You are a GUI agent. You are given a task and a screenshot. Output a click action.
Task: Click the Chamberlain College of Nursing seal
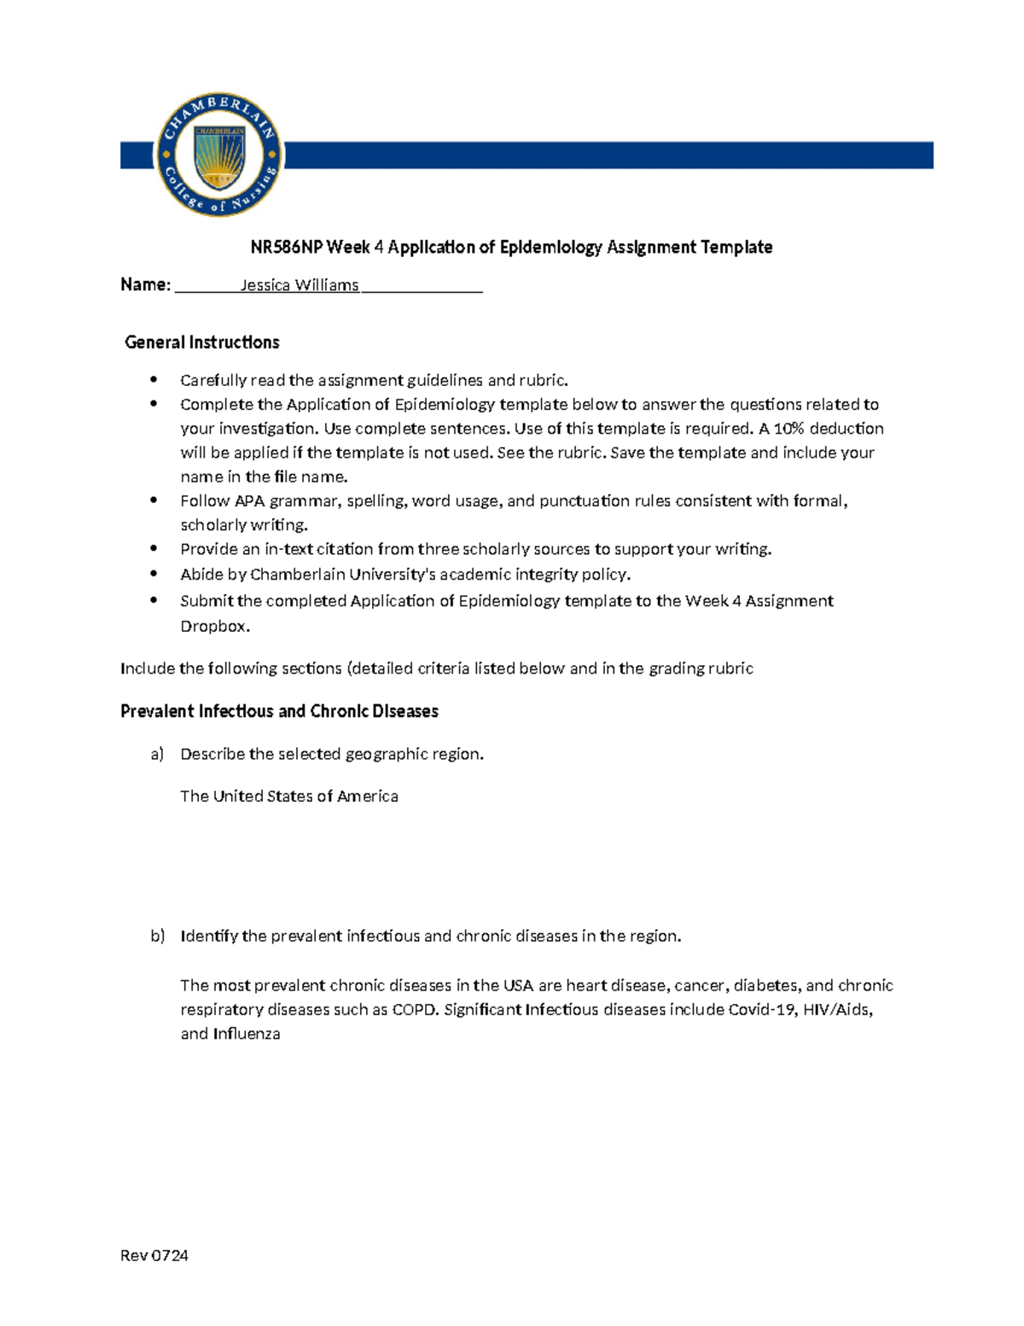pos(219,155)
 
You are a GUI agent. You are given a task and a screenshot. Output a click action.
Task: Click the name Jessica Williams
pos(299,285)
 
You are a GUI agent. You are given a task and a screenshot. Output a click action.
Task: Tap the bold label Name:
pos(145,285)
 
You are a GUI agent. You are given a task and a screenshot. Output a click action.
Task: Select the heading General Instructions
pos(202,342)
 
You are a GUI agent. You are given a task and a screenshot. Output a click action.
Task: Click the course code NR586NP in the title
pos(286,248)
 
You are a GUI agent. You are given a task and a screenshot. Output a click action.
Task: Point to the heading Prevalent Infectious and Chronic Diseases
pos(279,711)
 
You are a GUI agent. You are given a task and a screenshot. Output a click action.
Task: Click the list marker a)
pos(157,754)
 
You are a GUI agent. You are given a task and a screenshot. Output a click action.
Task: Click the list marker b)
pos(157,936)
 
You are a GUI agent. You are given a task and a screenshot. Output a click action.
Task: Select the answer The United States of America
pos(289,796)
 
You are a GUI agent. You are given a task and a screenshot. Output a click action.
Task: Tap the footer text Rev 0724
pos(154,1255)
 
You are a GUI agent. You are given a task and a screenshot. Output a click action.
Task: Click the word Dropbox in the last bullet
pos(213,626)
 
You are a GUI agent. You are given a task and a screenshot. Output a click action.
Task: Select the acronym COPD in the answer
pos(414,1009)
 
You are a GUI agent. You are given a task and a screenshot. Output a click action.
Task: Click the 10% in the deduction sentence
pos(788,429)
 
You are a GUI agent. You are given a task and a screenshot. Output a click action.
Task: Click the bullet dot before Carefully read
pos(154,379)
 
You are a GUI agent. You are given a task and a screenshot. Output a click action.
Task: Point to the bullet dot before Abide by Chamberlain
pos(154,574)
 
